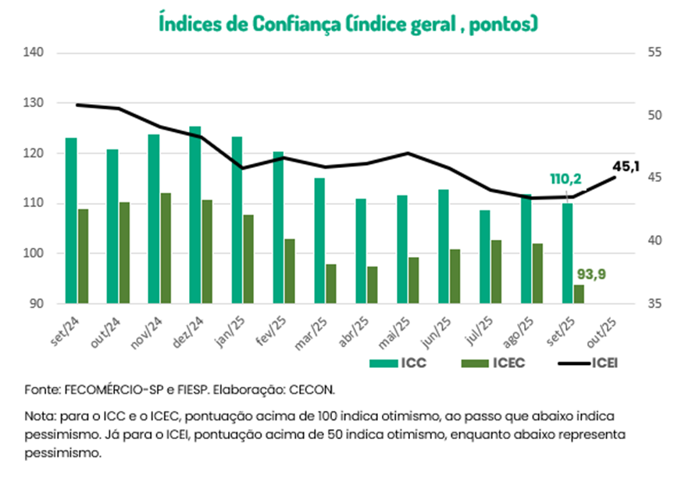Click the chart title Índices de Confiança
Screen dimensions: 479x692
(348, 23)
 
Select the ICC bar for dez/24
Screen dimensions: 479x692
(195, 215)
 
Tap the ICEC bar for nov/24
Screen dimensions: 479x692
(166, 248)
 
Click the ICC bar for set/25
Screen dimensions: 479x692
(567, 253)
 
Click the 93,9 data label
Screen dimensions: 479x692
(590, 273)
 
